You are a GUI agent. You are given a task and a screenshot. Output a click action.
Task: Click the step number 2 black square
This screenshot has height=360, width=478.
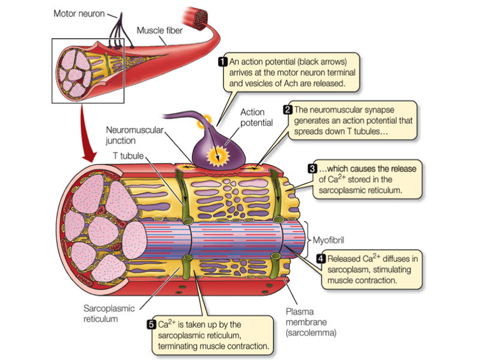(x=287, y=110)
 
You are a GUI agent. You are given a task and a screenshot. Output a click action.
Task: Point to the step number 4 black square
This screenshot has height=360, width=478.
(x=321, y=258)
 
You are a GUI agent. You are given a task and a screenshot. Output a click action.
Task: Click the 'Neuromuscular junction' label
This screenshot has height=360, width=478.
(x=127, y=135)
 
